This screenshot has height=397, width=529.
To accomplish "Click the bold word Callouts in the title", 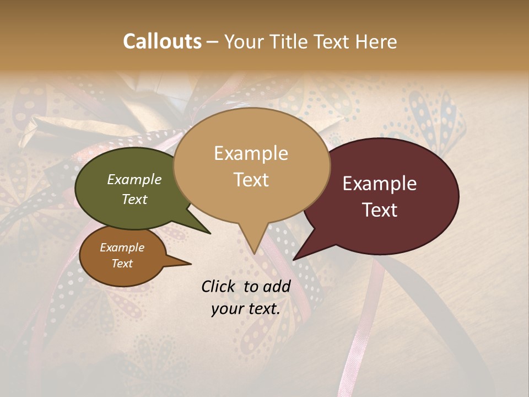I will click(x=162, y=41).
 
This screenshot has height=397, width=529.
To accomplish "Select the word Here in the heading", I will click(x=376, y=41).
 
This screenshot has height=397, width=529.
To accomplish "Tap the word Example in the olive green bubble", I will click(x=134, y=179).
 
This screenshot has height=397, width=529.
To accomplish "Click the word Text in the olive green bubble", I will click(x=134, y=199).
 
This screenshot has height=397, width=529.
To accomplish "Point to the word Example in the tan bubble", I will click(x=251, y=153).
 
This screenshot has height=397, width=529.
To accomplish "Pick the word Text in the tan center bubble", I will click(x=251, y=180).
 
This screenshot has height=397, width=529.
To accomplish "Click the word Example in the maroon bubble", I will click(x=380, y=184).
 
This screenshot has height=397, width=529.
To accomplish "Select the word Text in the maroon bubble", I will click(x=380, y=210).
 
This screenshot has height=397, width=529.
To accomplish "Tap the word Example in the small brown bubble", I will click(x=122, y=248).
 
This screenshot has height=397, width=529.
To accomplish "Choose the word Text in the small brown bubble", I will click(x=122, y=264).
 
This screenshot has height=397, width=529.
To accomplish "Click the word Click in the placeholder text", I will click(x=219, y=286).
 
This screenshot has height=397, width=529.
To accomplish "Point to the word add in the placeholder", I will click(x=277, y=286).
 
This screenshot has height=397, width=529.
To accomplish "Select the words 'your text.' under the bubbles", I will click(x=246, y=309).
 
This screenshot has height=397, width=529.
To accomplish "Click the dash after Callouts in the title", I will click(x=212, y=42).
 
